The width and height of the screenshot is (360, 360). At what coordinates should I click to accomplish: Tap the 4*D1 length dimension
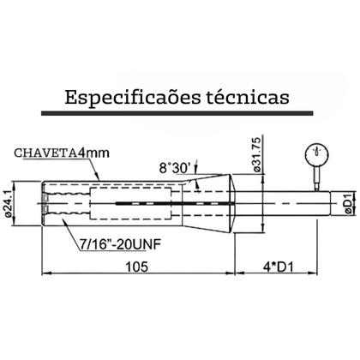coord(284,267)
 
